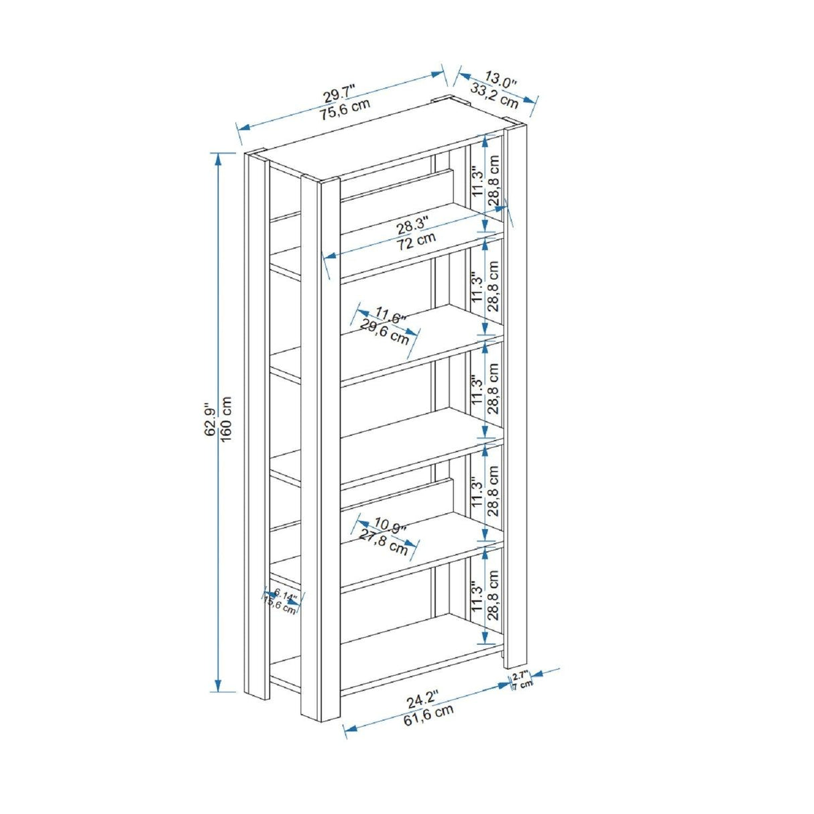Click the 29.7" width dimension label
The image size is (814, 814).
tap(339, 94)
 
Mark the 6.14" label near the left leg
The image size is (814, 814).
tap(285, 595)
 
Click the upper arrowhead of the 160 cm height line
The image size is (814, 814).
tap(218, 158)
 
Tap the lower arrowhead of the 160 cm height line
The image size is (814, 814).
tap(218, 696)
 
